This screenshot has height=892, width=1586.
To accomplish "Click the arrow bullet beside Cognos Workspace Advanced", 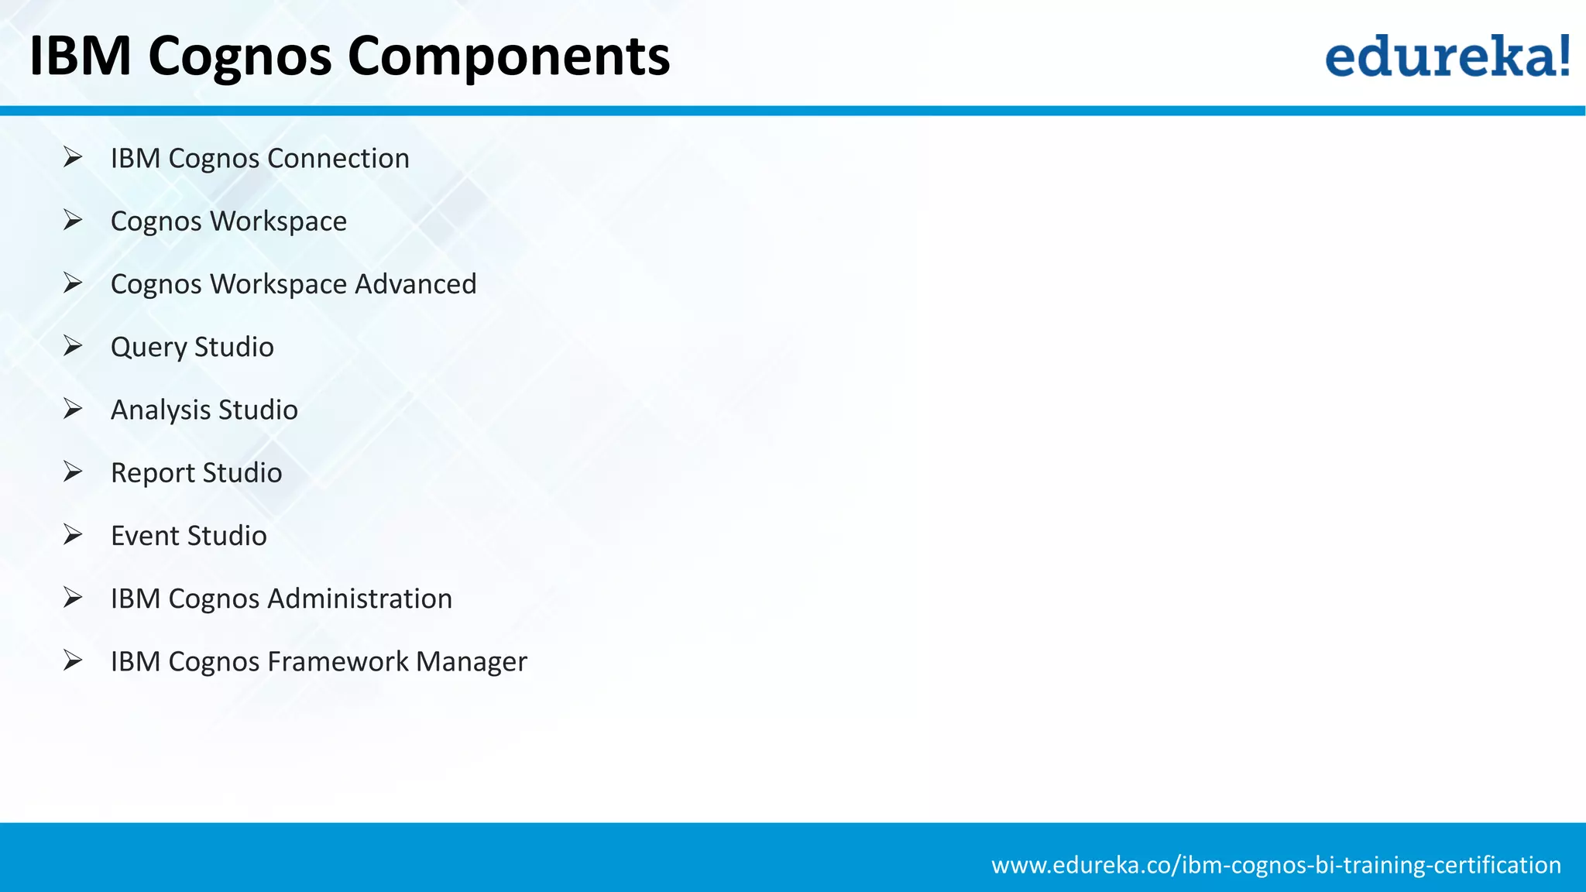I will point(73,283).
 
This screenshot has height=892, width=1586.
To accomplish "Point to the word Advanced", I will point(415,283).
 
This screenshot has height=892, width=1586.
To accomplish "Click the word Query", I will point(148,348).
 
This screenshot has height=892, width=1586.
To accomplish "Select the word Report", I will point(153,473).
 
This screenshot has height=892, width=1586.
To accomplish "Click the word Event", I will point(145,536).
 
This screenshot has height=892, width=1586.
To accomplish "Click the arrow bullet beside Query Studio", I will point(73,345).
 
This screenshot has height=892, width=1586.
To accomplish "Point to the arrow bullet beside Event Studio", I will point(73,534).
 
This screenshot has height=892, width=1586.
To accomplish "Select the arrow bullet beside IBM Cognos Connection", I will point(73,157).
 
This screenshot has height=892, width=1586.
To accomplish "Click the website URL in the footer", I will point(1275,864).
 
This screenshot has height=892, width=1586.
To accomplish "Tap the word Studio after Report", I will point(242,473).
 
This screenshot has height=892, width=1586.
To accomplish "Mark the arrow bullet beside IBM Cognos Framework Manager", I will point(73,660).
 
